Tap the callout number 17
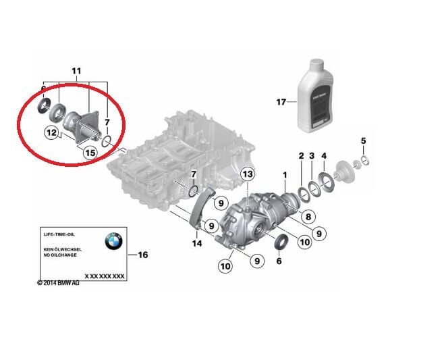coord(281,103)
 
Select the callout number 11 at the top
coord(76,70)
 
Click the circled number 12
coord(51,132)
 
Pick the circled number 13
coord(248,175)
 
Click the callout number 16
coord(142,255)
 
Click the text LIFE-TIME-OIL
coord(57,233)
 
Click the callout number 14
coord(197,243)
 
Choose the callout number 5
coord(363,140)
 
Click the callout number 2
coord(301,156)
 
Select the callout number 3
coord(312,156)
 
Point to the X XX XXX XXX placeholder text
coord(104,276)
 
